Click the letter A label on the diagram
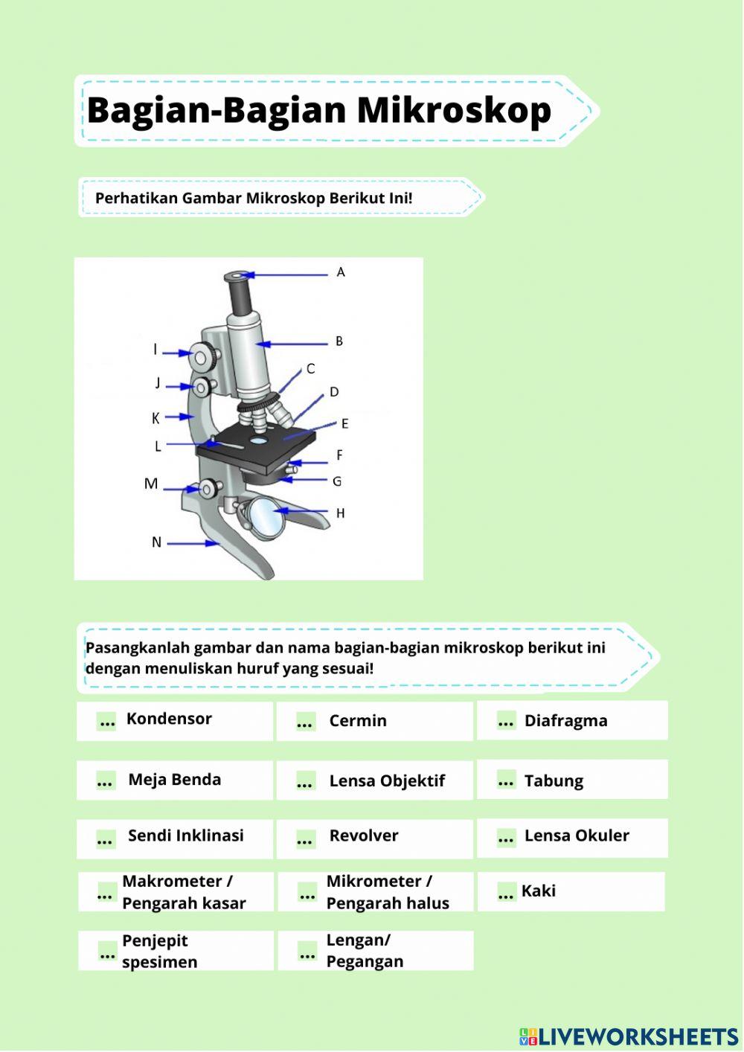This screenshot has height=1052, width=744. coord(341,272)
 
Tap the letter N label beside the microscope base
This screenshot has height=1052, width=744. coord(156,542)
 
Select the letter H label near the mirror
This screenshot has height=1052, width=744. coord(340,513)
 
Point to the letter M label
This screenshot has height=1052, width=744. coord(151,484)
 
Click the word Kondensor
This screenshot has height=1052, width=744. coord(169,719)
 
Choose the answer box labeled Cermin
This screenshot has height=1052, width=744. coord(374,721)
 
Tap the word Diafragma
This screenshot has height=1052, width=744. coord(565,721)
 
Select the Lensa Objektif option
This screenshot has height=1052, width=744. coord(386,781)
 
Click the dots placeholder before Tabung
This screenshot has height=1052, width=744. coord(506,781)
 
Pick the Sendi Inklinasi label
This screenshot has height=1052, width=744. coord(185,835)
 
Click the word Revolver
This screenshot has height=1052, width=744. coord(363,835)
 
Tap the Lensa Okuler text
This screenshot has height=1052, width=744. coord(577,835)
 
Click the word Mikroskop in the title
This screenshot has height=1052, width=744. coord(454,110)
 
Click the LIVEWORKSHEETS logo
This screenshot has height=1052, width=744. coord(629,1036)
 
